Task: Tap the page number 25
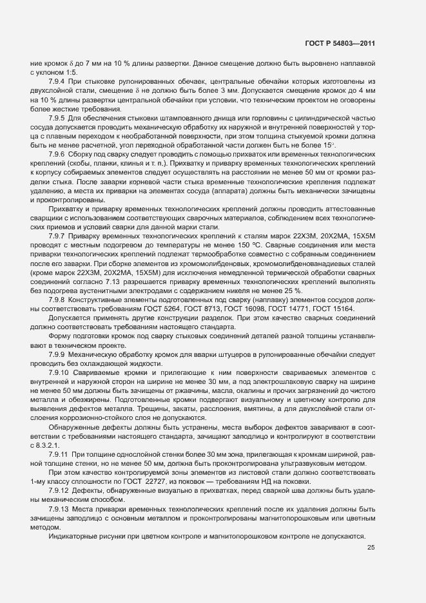click(371, 548)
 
